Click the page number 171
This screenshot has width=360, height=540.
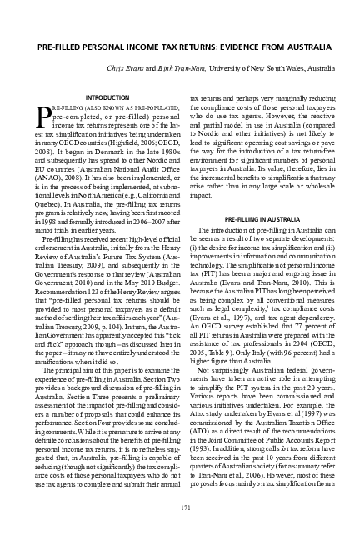(x=179, y=507)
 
